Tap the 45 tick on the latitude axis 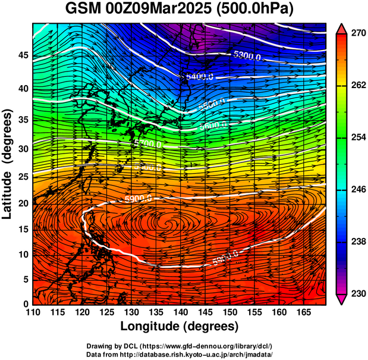click(22, 55)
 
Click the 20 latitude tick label click(22, 203)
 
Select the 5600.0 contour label click(212, 125)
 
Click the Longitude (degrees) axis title click(180, 326)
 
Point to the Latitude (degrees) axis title click(8, 164)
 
